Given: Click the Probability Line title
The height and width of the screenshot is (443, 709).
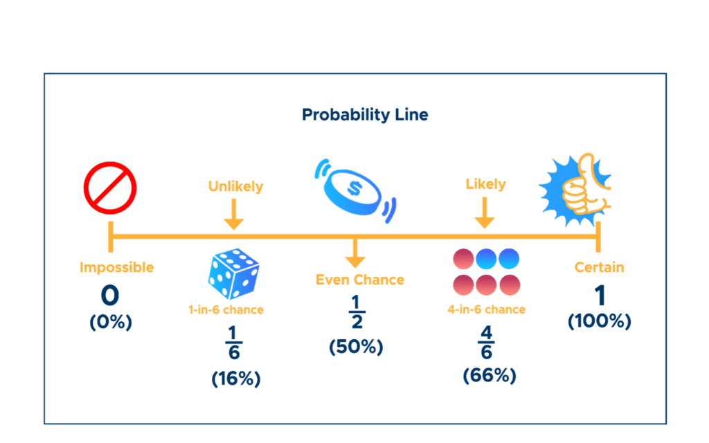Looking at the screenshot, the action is pos(365,115).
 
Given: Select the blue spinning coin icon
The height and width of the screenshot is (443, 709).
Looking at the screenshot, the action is pos(355,191).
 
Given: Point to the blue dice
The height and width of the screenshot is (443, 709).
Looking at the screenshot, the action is pos(233,273).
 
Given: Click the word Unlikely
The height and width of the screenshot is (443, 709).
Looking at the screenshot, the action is pos(235,186).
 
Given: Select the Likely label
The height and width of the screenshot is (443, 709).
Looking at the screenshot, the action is pos(485,184).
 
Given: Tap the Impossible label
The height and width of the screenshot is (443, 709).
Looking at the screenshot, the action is pos(116,267).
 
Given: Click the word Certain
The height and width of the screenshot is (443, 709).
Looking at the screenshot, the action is pos(599,267).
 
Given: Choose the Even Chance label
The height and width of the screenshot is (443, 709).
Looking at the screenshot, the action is pos(360,280).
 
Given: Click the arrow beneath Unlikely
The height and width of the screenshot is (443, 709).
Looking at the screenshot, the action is pos(234,215).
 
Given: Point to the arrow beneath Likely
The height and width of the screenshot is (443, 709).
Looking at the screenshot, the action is pos(484,213).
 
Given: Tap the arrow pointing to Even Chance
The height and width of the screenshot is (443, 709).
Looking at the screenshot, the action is pos(355,253).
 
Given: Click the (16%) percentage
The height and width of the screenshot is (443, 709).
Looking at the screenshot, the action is pos(236,379).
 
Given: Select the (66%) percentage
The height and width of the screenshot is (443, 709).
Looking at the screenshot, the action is pos(490,375).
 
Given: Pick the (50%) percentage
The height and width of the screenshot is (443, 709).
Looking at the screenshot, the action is pos(357,347).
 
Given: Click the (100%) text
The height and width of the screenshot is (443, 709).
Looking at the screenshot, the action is pos(600,321).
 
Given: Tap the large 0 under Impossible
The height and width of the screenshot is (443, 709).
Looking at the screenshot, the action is pos(110,295).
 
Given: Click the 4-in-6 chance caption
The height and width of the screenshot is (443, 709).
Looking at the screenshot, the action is pos(487,309).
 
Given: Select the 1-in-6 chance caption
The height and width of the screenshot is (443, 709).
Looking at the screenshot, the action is pos(226,309).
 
